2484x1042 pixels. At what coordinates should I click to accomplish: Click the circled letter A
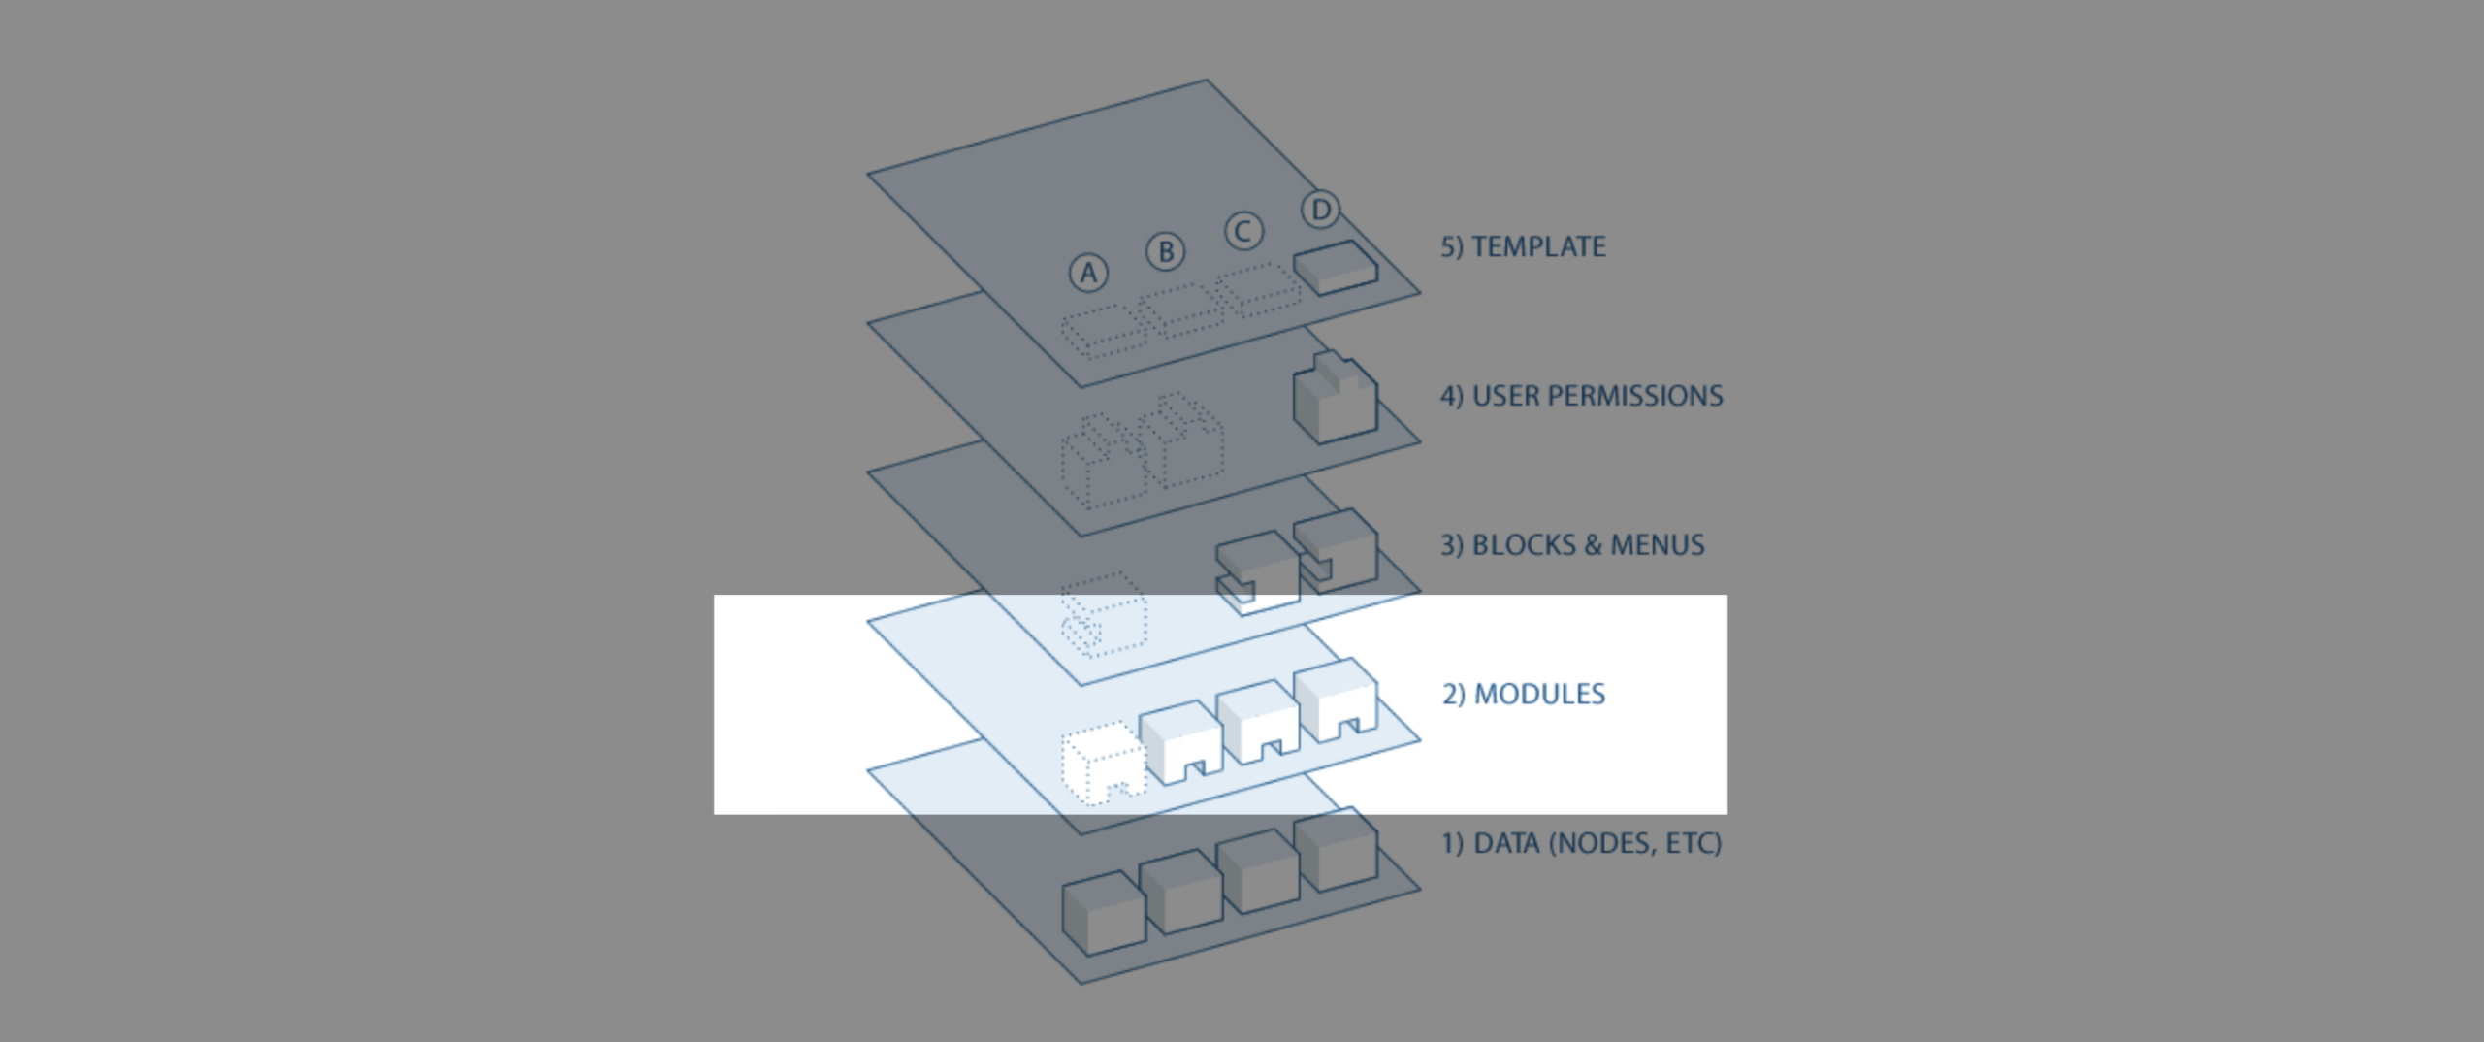click(1088, 273)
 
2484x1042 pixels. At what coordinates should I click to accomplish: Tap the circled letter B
click(1166, 251)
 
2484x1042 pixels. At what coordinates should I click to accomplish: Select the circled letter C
click(1243, 231)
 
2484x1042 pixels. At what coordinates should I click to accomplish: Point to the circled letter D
click(1320, 210)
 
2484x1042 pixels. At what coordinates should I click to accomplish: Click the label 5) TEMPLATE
click(1523, 246)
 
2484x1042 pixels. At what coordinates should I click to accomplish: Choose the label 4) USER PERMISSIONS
click(1581, 396)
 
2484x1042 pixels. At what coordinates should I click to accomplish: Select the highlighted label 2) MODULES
click(1523, 695)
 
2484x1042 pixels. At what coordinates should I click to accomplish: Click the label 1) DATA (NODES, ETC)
click(1581, 843)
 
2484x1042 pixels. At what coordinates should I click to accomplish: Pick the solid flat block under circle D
click(1336, 267)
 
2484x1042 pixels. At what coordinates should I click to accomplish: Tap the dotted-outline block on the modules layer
click(1103, 763)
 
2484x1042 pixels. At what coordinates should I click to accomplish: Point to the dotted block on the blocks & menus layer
click(1104, 614)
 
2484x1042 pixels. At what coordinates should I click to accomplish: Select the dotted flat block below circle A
click(1103, 332)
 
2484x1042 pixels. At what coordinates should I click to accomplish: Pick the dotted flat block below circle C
click(1258, 290)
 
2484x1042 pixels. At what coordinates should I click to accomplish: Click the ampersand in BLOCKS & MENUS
click(1592, 545)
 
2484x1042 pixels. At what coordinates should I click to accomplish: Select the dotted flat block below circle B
click(1180, 311)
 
